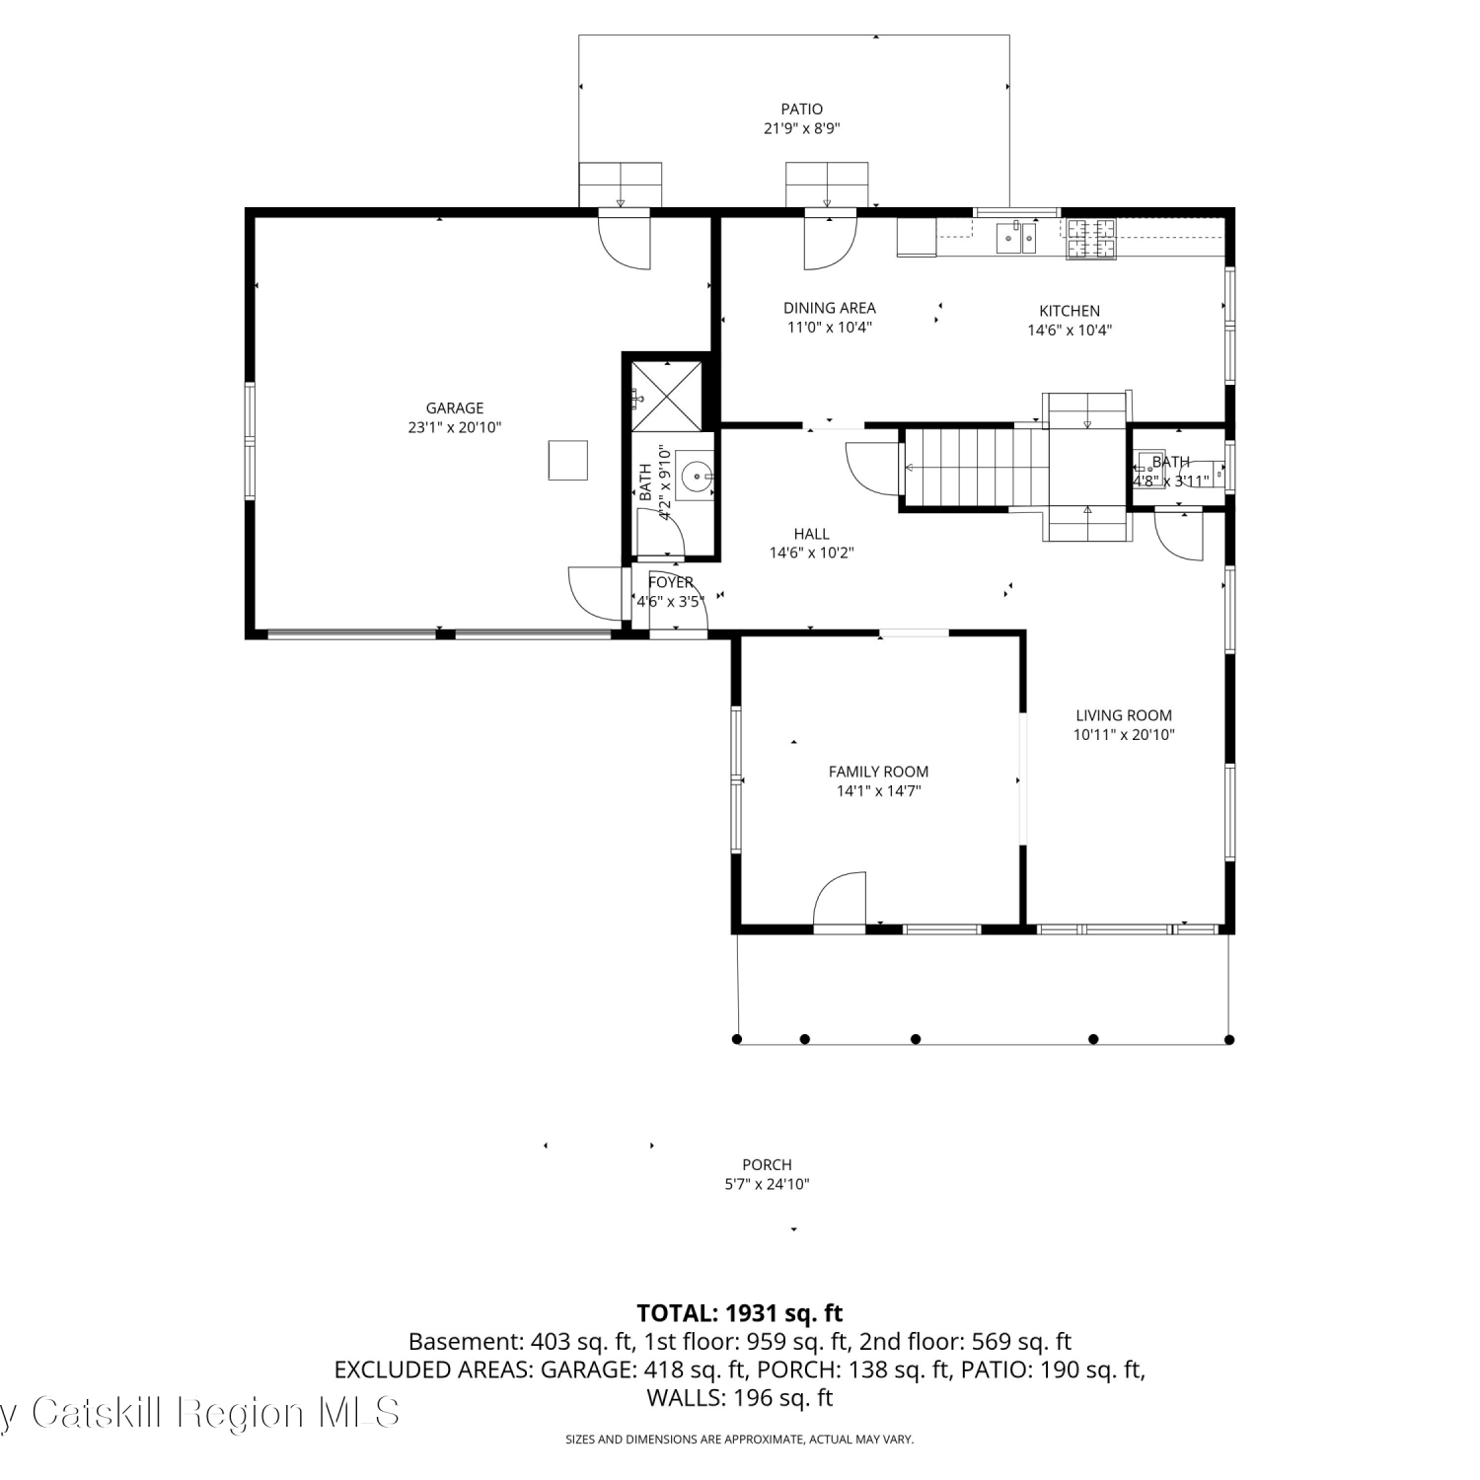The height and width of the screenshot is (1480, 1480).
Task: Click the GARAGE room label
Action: pyautogui.click(x=455, y=407)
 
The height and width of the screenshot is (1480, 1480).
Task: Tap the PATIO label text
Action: pyautogui.click(x=801, y=109)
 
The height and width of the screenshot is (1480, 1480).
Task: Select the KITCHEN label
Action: pyautogui.click(x=1070, y=311)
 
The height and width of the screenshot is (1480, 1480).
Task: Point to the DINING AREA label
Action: pyautogui.click(x=830, y=308)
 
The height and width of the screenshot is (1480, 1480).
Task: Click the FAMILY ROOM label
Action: pyautogui.click(x=878, y=772)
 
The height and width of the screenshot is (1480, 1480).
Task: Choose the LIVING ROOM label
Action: pyautogui.click(x=1124, y=715)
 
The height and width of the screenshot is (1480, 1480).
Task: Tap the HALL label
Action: pyautogui.click(x=811, y=534)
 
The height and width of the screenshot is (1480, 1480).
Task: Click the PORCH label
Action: pyautogui.click(x=767, y=1164)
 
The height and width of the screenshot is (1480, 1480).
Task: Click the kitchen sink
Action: pyautogui.click(x=1015, y=238)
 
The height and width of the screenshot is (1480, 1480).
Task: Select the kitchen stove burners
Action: pyautogui.click(x=1090, y=238)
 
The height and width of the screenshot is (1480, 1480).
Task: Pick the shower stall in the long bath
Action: pyautogui.click(x=667, y=397)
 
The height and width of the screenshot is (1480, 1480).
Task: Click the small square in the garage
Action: pyautogui.click(x=568, y=460)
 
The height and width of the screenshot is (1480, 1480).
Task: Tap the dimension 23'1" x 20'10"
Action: pyautogui.click(x=455, y=427)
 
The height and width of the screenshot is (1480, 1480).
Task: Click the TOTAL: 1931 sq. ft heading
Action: pyautogui.click(x=740, y=1313)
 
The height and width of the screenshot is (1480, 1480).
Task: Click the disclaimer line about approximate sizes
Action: pyautogui.click(x=740, y=1440)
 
